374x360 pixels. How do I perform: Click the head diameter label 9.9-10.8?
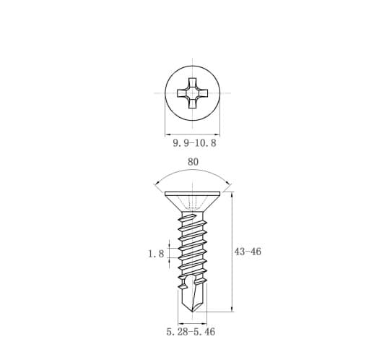pyautogui.click(x=194, y=143)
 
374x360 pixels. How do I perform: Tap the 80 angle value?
pyautogui.click(x=193, y=162)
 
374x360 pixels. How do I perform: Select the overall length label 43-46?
pyautogui.click(x=248, y=252)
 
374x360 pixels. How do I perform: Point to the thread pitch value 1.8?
pyautogui.click(x=156, y=254)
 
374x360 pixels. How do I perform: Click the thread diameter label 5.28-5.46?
pyautogui.click(x=191, y=332)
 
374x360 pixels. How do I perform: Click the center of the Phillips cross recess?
pyautogui.click(x=193, y=93)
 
